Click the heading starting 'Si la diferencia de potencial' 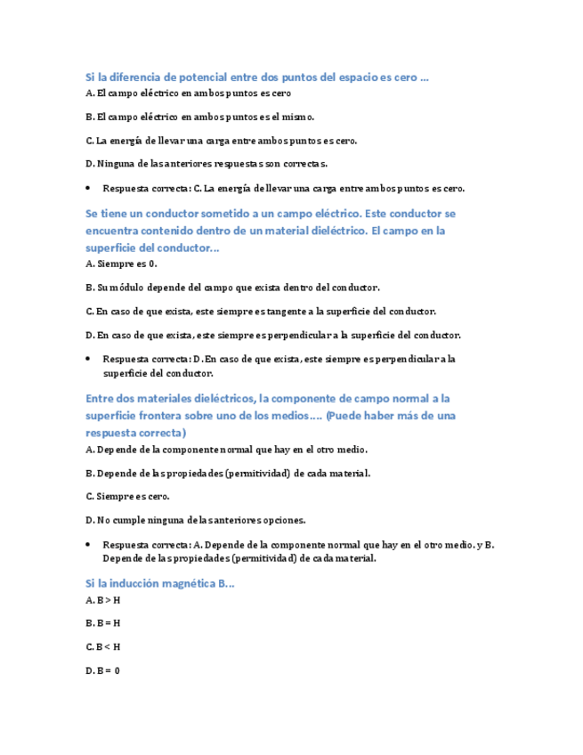coord(256,78)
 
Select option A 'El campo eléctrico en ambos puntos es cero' coord(188,93)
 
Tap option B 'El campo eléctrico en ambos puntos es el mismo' coord(199,117)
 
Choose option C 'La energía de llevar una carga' coord(221,141)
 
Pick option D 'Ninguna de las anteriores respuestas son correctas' coord(206,164)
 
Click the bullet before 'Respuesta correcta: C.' coord(89,189)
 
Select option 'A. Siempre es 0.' coord(121,264)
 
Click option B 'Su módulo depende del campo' coord(232,288)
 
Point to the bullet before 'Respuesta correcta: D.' coord(89,360)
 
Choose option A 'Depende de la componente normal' coord(226,450)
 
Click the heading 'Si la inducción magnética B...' coord(159,584)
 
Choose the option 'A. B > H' coord(103,600)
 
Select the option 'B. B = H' coord(103,623)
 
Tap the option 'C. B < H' coord(103,647)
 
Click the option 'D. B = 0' coord(103,670)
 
